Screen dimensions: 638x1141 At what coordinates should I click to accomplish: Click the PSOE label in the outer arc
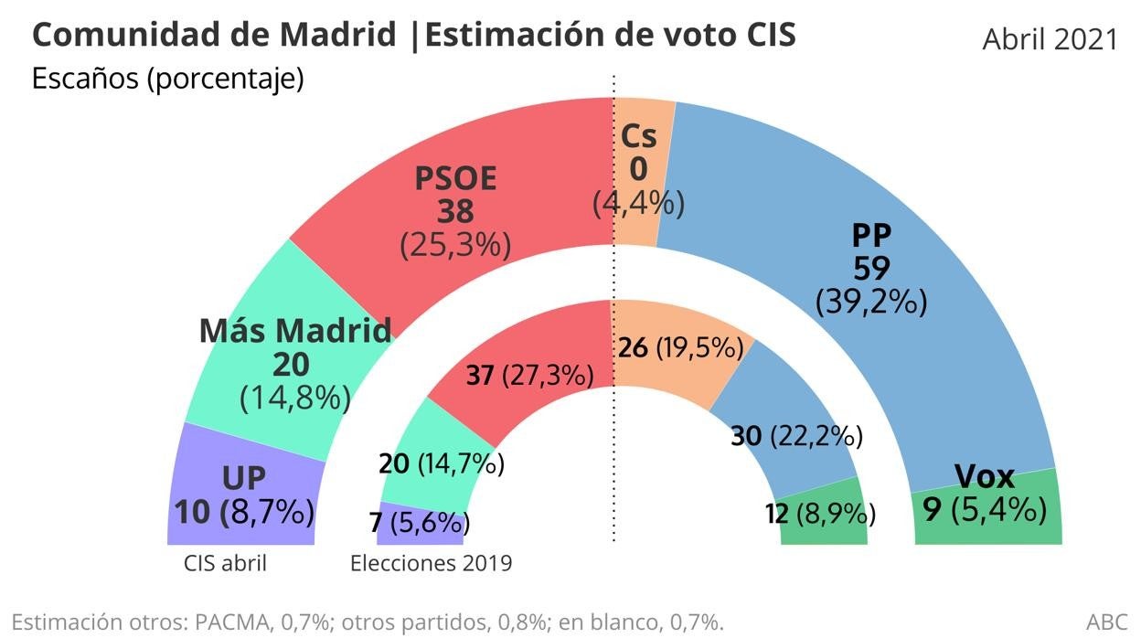(455, 178)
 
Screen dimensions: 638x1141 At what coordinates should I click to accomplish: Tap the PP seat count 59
(871, 268)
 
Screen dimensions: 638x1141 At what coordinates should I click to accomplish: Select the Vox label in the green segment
(984, 476)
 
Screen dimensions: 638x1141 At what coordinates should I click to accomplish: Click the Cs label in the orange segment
(638, 137)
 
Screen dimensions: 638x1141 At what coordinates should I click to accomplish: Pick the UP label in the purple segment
(244, 477)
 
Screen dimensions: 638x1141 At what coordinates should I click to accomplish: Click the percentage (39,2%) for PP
(871, 301)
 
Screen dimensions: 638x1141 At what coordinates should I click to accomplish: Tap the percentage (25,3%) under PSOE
(455, 244)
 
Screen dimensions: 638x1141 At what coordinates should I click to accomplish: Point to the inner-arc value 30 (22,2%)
(796, 437)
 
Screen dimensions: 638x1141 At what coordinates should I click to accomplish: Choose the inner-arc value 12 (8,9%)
(819, 516)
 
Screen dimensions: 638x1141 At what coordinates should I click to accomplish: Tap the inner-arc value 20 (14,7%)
(442, 464)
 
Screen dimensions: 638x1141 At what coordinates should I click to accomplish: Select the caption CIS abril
(226, 563)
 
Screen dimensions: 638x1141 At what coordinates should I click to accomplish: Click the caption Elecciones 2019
(431, 563)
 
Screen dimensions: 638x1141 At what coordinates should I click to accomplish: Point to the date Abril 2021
(1050, 39)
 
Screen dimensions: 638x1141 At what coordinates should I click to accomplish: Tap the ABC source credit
(1106, 622)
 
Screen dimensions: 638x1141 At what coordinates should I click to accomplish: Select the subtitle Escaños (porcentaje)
(167, 80)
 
